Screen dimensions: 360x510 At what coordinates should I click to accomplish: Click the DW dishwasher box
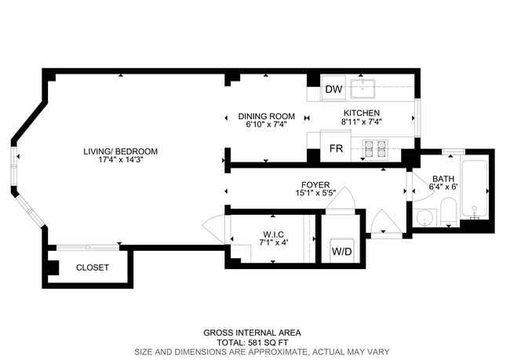point(333,89)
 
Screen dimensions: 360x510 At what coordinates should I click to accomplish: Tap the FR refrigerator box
point(336,148)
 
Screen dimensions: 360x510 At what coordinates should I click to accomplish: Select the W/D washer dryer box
point(341,252)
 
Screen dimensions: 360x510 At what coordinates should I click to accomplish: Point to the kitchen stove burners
point(373,146)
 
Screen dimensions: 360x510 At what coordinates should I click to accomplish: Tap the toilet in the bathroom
point(449,211)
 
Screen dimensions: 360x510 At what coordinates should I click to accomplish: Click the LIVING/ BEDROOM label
point(122,151)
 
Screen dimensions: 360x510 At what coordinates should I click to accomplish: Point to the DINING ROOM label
point(266,116)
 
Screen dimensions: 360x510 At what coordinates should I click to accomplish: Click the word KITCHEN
point(362,113)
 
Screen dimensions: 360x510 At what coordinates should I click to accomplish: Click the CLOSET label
point(93,267)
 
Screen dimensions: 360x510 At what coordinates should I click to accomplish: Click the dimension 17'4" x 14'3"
point(122,160)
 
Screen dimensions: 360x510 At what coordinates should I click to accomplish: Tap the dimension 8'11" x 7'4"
point(362,122)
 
